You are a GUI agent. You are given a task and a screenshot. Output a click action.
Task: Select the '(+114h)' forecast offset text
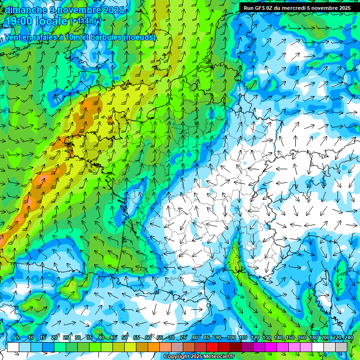point(83,21)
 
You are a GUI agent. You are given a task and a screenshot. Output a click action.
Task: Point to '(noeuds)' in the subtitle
point(140,37)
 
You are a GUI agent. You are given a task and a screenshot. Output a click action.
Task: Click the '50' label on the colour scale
point(124,338)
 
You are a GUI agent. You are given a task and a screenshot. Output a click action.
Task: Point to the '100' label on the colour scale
point(231,338)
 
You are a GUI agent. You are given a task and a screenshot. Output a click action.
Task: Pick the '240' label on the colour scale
point(348,338)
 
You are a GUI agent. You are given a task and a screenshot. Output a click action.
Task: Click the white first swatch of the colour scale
point(13,347)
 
